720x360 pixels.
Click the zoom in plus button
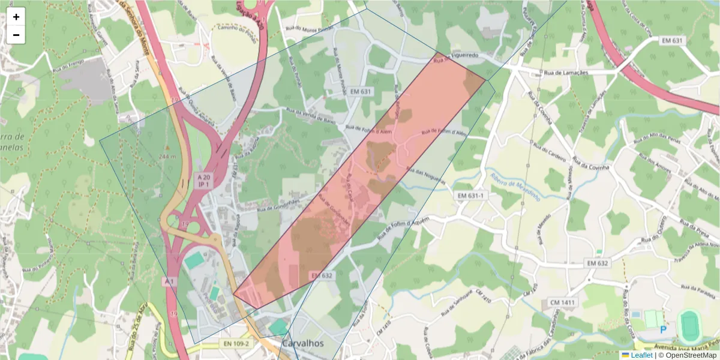(16, 17)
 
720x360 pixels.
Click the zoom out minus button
(16, 35)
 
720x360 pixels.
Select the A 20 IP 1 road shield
(204, 181)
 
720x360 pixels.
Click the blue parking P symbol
(664, 329)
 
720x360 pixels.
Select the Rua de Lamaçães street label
(566, 73)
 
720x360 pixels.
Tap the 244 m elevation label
(168, 157)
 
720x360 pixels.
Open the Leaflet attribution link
(641, 355)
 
